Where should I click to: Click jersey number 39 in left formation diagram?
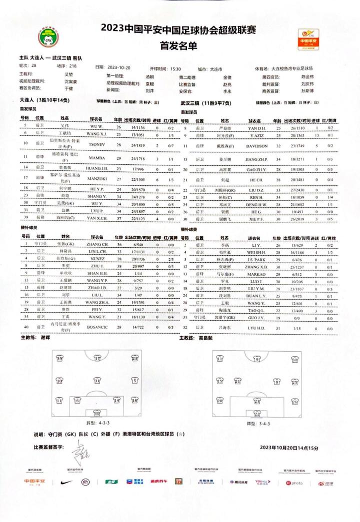[59, 358]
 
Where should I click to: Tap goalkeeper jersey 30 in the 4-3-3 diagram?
[97, 413]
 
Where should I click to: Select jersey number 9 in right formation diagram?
[257, 359]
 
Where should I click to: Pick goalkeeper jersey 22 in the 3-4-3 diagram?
[257, 413]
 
